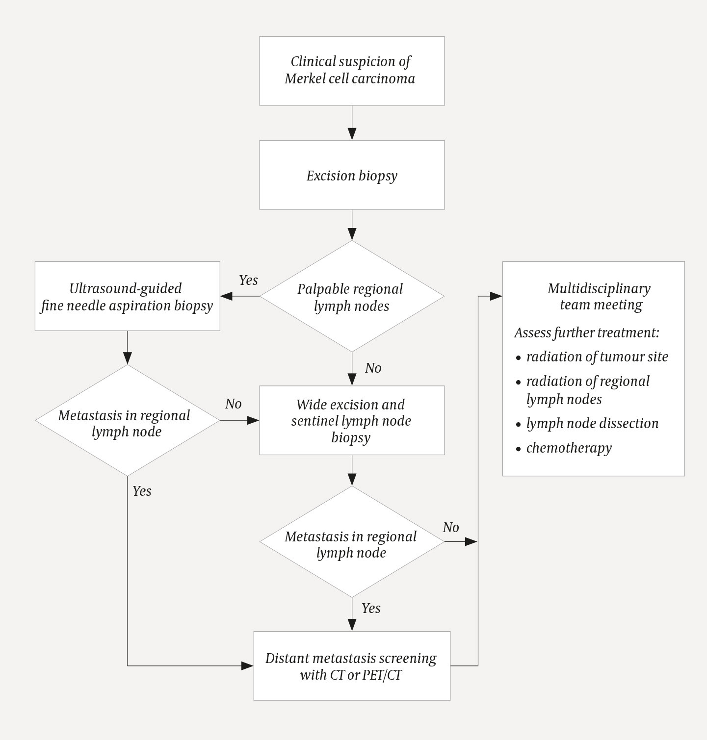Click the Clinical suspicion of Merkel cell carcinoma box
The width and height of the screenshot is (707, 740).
coord(351,71)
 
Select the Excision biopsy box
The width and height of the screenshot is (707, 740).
coord(351,175)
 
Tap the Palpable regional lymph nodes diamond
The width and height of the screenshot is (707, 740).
coord(351,297)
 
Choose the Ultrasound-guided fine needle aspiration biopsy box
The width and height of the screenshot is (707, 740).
coord(127,296)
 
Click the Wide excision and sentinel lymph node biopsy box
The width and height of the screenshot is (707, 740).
coord(351,420)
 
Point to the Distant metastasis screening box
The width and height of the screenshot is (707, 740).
coord(351,666)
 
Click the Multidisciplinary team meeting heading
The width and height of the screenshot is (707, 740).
coord(599,296)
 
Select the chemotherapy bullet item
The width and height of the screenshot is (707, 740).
coord(569,448)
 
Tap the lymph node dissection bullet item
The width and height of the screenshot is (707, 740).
coord(592,423)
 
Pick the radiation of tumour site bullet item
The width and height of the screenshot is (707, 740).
coord(597,357)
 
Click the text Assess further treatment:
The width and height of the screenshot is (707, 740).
coord(586,332)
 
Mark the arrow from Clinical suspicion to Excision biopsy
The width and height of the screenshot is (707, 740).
coord(352,124)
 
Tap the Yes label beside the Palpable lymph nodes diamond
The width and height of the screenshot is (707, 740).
coord(248,280)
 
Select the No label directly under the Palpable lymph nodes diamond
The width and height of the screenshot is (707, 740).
coord(373,368)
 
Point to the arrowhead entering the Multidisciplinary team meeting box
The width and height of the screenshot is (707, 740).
coord(497,296)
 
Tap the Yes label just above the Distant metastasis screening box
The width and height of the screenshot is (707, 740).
coord(371,608)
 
